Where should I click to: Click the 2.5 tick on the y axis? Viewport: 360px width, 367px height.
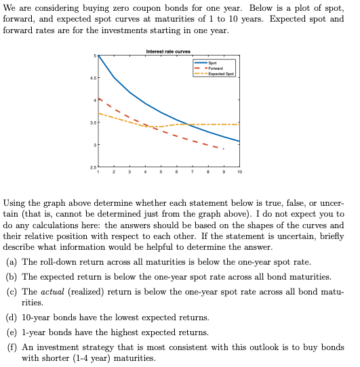coord(93,167)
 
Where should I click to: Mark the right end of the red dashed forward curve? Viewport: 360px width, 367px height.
coord(224,149)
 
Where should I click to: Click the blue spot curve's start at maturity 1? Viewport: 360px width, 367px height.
coord(99,56)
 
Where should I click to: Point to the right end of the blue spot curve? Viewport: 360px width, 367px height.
coord(239,141)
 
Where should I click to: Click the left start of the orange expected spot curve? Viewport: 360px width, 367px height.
coord(99,113)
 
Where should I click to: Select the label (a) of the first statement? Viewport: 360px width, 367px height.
coord(11,261)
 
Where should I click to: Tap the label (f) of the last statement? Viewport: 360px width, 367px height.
coord(11,346)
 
